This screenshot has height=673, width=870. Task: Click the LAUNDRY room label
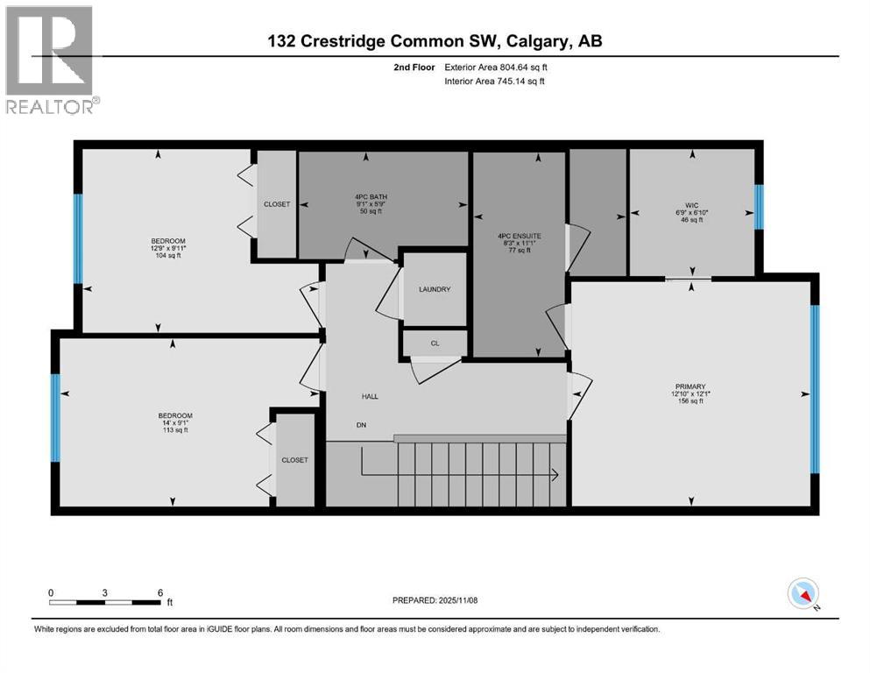tap(435, 289)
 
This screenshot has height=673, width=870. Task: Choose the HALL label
tap(370, 397)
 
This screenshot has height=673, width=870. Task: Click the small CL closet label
tap(435, 344)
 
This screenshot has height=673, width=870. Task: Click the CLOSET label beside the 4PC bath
tap(277, 204)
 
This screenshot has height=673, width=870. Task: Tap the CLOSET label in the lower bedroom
tap(294, 460)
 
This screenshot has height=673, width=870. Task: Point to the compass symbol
tap(803, 594)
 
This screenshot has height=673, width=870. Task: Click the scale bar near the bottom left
tap(105, 601)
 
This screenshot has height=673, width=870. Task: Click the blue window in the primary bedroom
tap(814, 388)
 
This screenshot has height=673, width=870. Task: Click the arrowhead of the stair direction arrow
tap(555, 476)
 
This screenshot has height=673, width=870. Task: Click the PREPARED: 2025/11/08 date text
tap(435, 600)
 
